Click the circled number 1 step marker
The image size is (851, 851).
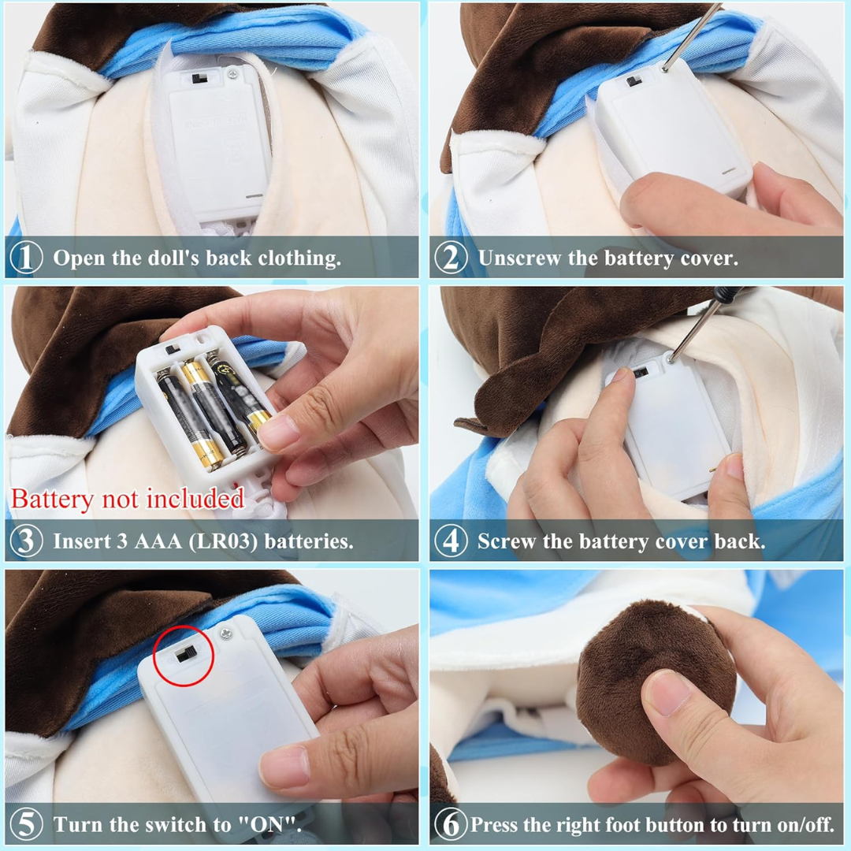point(26,258)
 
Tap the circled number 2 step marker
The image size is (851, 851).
point(451,258)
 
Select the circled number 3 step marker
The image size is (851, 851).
point(26,541)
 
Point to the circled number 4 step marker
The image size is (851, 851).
point(451,541)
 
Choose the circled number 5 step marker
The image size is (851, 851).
point(26,824)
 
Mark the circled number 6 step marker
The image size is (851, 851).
point(451,824)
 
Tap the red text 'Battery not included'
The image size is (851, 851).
point(128,499)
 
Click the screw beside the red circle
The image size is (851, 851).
point(226,631)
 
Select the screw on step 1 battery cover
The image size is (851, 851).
point(232,74)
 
